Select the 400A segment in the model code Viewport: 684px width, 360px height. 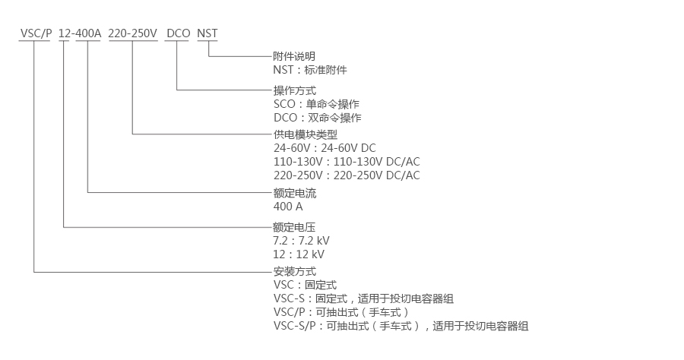[88, 33]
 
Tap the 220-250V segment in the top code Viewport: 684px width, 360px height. [133, 33]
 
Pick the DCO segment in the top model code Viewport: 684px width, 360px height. [178, 33]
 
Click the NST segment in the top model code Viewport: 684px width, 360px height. [207, 33]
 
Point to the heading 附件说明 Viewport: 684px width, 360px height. [294, 56]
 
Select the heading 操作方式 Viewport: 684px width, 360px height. [294, 90]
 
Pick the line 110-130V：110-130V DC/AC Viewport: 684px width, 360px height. [347, 162]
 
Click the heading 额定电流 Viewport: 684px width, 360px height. [294, 193]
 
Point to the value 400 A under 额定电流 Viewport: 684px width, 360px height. [288, 207]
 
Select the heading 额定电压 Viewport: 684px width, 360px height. [294, 226]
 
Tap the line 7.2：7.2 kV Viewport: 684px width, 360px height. [301, 240]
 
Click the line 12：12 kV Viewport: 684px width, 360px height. [299, 254]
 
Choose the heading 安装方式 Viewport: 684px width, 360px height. [294, 271]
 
